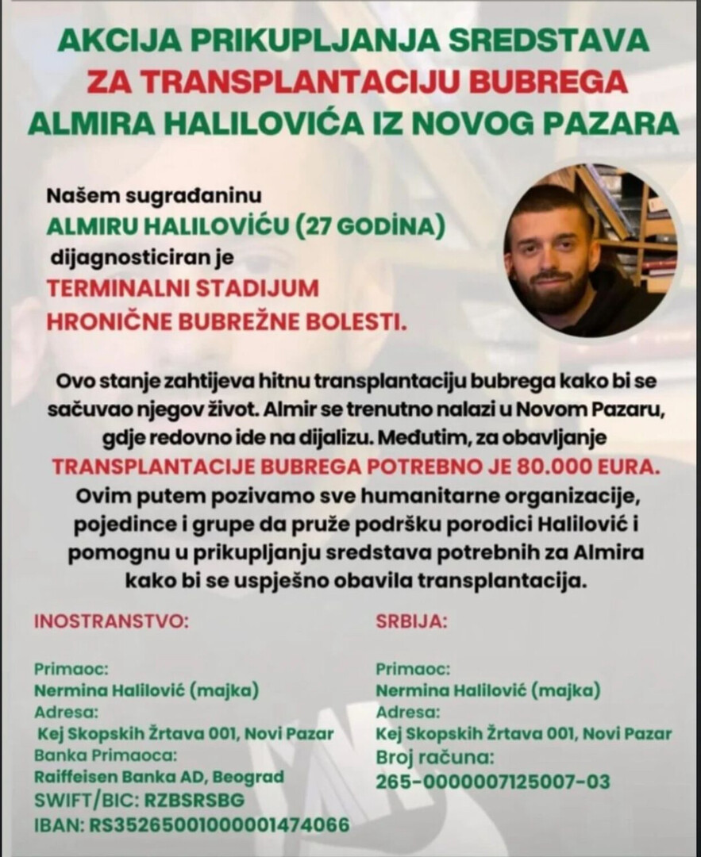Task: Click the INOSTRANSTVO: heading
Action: (110, 621)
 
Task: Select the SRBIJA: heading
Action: (411, 621)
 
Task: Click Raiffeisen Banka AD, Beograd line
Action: (159, 777)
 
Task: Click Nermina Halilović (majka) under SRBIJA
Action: (487, 689)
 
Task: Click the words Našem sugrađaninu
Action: (154, 194)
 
